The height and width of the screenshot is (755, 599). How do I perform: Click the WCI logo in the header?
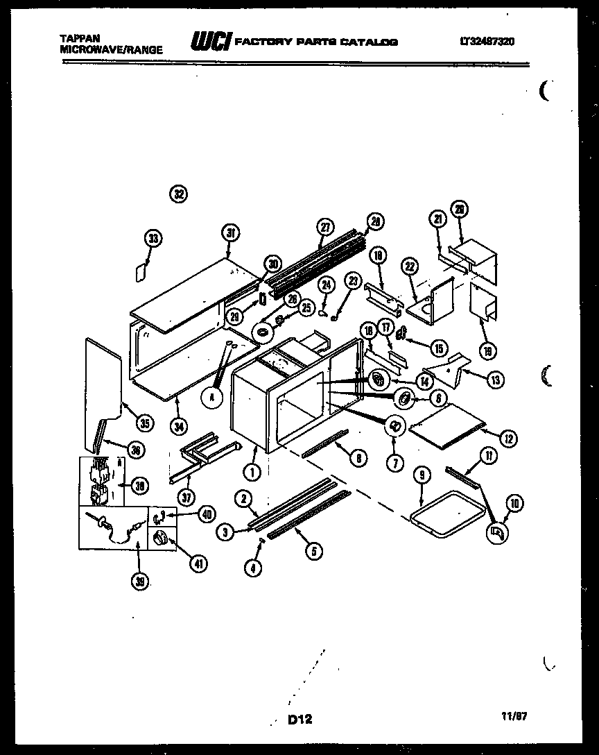coord(211,42)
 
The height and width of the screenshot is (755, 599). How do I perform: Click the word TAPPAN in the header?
coord(78,40)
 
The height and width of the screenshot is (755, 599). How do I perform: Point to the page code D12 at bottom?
coord(299,720)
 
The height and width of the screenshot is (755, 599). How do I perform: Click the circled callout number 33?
coord(153,239)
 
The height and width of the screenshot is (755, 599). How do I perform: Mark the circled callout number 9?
coord(423,475)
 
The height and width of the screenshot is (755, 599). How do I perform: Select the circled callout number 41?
coord(199,563)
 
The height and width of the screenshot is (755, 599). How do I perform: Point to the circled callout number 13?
coord(496,380)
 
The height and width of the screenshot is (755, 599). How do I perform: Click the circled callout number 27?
coord(324,226)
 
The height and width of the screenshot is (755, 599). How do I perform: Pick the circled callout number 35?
coord(144,421)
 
